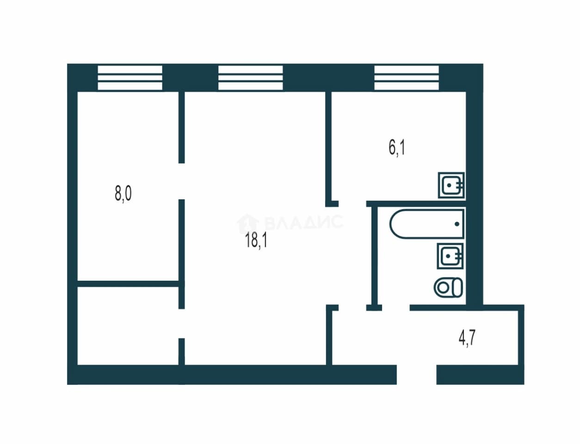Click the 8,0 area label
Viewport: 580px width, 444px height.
coord(123,194)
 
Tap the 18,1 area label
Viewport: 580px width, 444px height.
coord(256,240)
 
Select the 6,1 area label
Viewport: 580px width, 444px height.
coord(397,148)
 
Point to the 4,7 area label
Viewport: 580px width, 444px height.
coord(467,338)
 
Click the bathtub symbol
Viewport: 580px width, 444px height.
coord(426,223)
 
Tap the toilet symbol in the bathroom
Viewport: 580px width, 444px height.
coord(448,288)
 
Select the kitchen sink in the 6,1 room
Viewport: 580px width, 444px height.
coord(451,185)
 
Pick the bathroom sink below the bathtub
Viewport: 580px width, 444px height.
coord(450,256)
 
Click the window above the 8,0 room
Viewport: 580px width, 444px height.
coord(130,78)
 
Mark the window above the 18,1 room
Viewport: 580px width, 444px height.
coord(250,78)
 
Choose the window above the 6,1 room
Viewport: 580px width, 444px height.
coord(407,78)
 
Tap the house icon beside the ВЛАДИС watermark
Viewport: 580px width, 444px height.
coord(248,223)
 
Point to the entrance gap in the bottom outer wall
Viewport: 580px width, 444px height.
coord(416,375)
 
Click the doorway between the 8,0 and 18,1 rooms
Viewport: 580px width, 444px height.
coord(181,181)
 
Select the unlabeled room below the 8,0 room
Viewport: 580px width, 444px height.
coord(128,326)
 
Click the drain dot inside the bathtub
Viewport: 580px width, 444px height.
coord(457,224)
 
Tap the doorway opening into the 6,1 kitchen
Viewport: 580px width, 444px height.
coord(352,203)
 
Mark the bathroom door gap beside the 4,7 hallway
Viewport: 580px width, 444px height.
coord(396,308)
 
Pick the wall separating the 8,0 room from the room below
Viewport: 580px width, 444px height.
coord(128,284)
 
